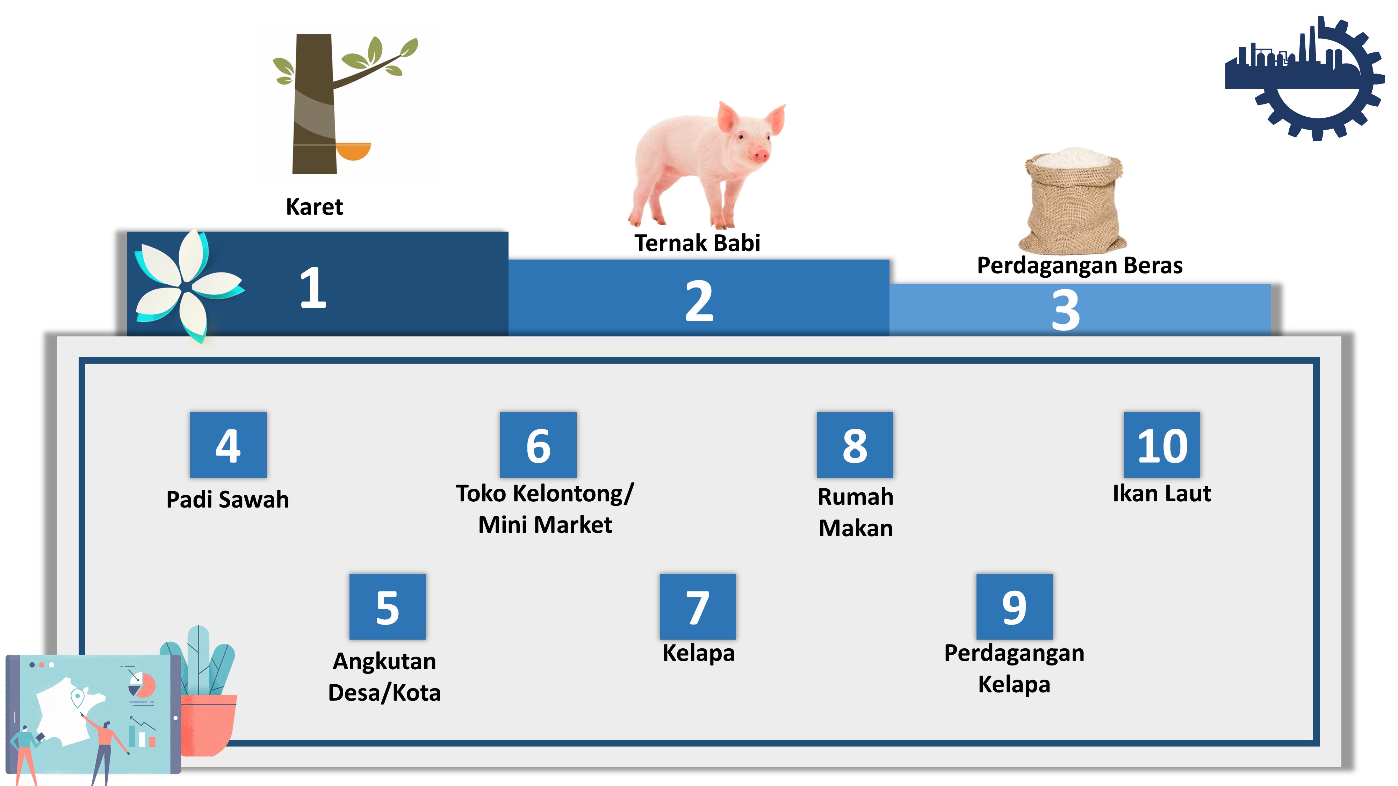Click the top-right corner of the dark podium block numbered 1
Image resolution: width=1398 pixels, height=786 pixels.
pos(508,232)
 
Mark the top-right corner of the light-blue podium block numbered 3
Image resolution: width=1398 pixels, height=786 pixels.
pos(1270,284)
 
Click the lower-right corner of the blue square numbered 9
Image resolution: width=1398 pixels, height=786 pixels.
pos(1053,639)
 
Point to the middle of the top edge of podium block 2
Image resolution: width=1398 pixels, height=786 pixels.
pos(699,260)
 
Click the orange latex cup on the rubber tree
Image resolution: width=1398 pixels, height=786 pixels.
pos(353,151)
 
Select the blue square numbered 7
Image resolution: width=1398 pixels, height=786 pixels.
pos(698,606)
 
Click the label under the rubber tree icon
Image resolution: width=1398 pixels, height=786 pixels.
pos(314,207)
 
